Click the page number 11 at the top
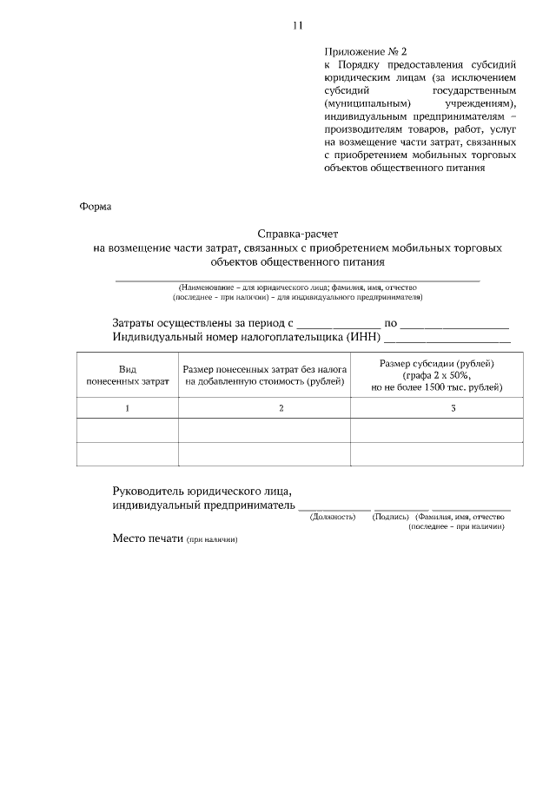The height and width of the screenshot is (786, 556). click(297, 26)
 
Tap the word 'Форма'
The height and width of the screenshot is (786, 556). click(96, 207)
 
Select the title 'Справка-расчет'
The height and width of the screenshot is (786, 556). click(297, 234)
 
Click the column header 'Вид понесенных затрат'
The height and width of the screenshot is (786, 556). click(127, 374)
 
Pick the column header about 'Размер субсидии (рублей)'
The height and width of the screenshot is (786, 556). click(437, 374)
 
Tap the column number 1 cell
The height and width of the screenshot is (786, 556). click(127, 408)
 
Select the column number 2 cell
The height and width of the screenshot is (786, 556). click(281, 408)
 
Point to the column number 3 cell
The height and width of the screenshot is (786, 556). click(453, 408)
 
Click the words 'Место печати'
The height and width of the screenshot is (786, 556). click(148, 538)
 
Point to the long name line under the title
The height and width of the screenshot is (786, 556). click(298, 280)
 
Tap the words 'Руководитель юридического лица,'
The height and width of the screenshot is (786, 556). click(202, 491)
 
